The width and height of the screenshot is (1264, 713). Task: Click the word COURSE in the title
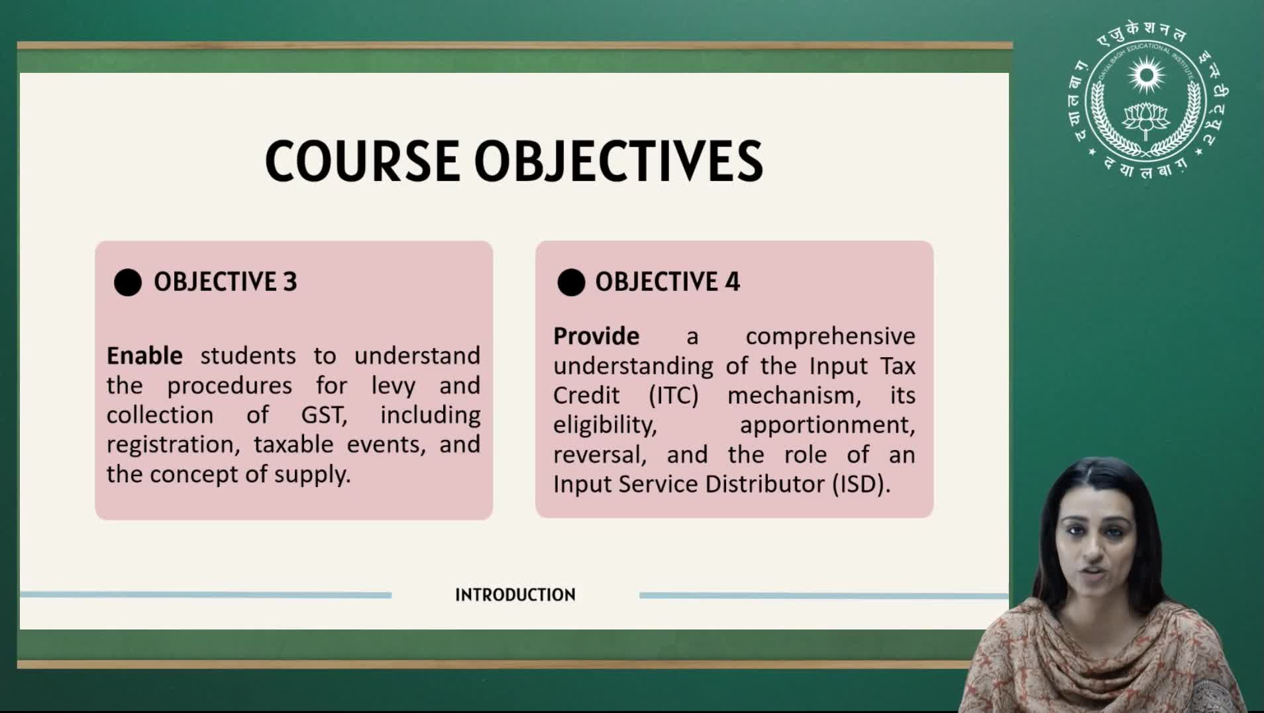pyautogui.click(x=362, y=161)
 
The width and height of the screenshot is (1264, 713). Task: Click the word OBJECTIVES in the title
pyautogui.click(x=619, y=161)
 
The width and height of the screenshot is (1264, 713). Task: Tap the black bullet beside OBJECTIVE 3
pyautogui.click(x=128, y=282)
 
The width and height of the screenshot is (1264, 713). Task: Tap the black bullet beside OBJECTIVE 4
pyautogui.click(x=571, y=282)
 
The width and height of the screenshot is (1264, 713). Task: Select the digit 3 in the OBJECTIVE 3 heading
pyautogui.click(x=290, y=282)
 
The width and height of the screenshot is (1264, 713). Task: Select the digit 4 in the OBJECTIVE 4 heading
pyautogui.click(x=732, y=282)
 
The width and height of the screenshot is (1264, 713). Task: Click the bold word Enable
pyautogui.click(x=144, y=356)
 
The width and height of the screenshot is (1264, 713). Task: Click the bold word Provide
pyautogui.click(x=596, y=336)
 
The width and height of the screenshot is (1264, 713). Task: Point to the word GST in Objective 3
pyautogui.click(x=324, y=415)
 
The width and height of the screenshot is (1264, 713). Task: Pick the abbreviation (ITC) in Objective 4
pyautogui.click(x=674, y=396)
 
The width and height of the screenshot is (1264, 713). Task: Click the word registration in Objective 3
pyautogui.click(x=174, y=445)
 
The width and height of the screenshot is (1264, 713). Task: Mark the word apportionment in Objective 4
pyautogui.click(x=827, y=425)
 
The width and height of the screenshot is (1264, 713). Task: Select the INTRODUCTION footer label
pyautogui.click(x=515, y=595)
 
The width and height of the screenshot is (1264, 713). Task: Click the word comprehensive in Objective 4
pyautogui.click(x=831, y=337)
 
